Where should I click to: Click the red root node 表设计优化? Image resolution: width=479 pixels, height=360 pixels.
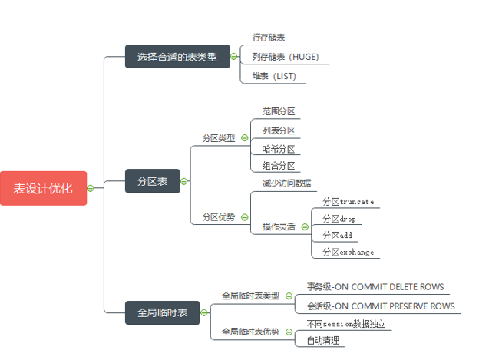[44, 188]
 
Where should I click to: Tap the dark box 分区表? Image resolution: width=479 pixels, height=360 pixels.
[152, 181]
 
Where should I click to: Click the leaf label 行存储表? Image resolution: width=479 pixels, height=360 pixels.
[269, 37]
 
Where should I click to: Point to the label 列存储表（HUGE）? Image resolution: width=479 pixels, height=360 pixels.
[286, 57]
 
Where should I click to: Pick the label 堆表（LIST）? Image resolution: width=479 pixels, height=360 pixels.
[274, 76]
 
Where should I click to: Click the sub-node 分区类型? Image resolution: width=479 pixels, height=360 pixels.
[219, 138]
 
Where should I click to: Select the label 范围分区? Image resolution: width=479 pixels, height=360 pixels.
[279, 112]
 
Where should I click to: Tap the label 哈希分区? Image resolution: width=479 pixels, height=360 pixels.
[279, 149]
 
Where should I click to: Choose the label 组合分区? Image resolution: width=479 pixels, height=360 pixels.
[279, 166]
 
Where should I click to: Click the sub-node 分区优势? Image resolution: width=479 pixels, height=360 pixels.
[219, 217]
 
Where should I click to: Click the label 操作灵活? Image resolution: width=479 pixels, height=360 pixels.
[279, 227]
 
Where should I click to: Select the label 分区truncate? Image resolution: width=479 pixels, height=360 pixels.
[348, 202]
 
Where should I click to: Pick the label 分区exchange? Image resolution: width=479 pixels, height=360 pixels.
[348, 252]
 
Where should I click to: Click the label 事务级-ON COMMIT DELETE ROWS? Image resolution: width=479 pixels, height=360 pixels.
[375, 287]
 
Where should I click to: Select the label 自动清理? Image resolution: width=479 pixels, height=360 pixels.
[322, 340]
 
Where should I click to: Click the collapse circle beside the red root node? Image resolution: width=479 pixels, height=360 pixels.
[91, 188]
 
